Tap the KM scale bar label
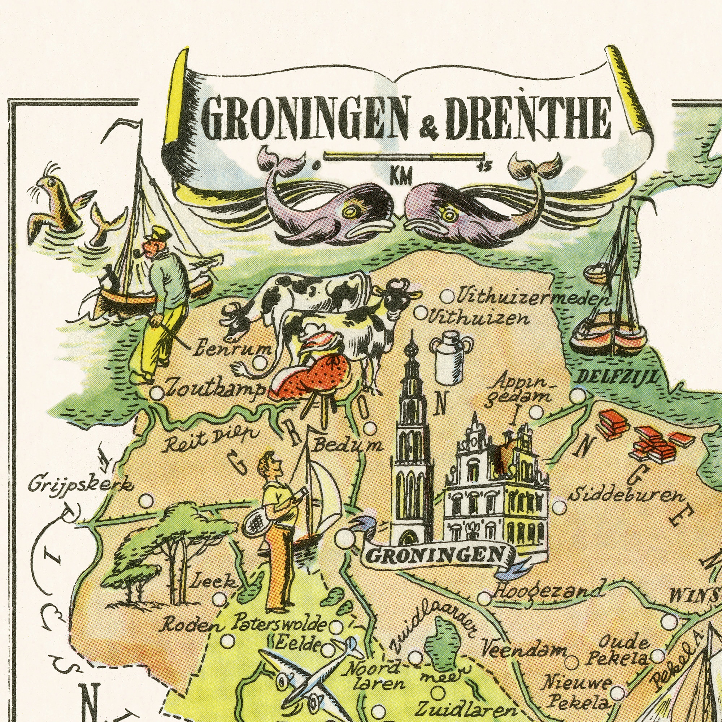click(401, 176)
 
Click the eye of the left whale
click(350, 212)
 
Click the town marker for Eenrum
click(260, 362)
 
